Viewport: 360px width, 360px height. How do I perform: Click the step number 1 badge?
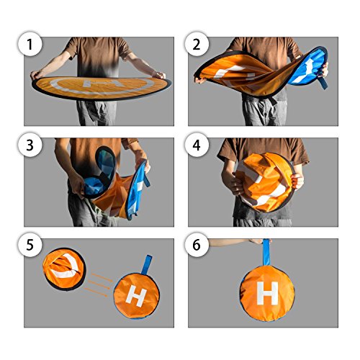point(30,44)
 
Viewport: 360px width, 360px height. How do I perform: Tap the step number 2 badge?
point(197,44)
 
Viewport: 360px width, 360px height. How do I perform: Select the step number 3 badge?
point(30,145)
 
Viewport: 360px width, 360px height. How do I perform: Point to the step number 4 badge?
point(197,145)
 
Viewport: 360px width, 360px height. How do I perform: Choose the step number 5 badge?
point(30,245)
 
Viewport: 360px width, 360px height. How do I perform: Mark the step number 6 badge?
point(197,245)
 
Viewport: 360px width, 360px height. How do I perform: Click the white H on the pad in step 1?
point(102,84)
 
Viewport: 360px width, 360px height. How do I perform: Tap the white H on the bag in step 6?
point(267,293)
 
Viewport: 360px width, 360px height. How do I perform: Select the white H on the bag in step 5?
point(136,297)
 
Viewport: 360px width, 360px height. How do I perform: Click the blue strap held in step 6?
point(266,252)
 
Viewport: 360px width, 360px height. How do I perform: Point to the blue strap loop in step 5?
point(146,264)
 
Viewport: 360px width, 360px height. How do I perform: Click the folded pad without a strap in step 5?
point(64,269)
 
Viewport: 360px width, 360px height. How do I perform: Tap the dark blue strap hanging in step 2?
point(323,81)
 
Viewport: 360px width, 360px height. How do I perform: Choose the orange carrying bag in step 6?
point(267,293)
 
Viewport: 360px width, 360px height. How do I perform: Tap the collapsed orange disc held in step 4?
point(265,182)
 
